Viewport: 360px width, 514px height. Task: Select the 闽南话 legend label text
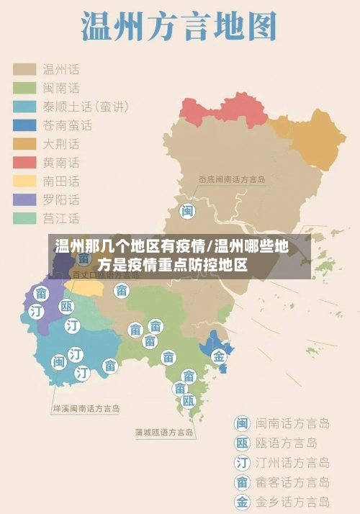click(61, 88)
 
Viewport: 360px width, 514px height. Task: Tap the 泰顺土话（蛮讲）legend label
click(86, 107)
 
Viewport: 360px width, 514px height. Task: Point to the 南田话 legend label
click(61, 181)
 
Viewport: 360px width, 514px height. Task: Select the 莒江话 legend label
click(61, 218)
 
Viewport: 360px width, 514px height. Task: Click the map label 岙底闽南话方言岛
click(233, 179)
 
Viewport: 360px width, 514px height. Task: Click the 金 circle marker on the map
click(218, 356)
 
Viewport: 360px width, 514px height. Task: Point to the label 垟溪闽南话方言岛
click(86, 408)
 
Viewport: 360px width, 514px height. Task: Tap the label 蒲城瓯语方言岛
click(164, 433)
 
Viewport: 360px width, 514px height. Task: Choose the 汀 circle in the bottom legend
click(243, 463)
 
